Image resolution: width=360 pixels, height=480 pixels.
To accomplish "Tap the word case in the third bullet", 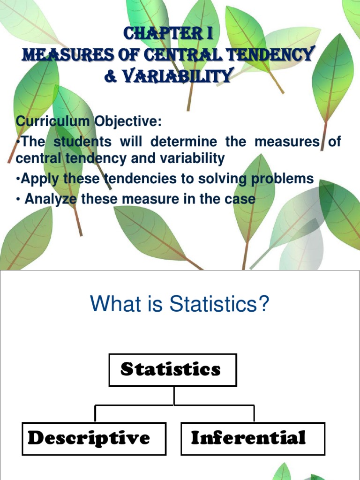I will (240, 199).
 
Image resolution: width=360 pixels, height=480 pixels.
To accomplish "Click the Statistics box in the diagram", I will (172, 370).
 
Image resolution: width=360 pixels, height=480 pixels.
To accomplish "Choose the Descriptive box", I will (94, 438).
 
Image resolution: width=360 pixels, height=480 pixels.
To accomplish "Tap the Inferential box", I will (252, 438).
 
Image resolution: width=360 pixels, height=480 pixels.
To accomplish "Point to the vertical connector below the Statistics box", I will (174, 396).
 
